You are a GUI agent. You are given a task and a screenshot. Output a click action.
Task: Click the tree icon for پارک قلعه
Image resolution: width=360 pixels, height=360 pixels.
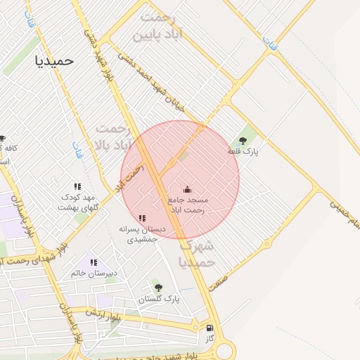click(243, 141)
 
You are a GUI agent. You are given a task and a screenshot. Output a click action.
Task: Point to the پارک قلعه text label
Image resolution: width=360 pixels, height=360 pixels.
click(243, 152)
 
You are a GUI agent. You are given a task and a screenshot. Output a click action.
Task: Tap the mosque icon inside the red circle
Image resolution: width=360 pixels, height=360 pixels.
click(187, 189)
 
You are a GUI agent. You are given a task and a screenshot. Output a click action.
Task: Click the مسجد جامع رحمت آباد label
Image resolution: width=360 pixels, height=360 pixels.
click(187, 205)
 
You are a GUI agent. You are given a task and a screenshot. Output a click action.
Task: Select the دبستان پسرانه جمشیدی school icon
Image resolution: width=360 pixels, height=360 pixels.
click(143, 219)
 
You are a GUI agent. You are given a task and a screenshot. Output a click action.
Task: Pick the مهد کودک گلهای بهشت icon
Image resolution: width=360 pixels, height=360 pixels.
click(78, 187)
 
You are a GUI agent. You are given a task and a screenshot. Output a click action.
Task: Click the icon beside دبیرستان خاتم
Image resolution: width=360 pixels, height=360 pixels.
click(94, 262)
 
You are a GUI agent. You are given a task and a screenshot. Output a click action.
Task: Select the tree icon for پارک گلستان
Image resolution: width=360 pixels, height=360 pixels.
click(157, 288)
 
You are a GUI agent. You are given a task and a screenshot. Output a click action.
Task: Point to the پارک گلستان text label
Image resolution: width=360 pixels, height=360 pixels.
click(159, 299)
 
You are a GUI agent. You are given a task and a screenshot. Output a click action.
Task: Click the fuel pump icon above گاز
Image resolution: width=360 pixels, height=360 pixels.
click(209, 328)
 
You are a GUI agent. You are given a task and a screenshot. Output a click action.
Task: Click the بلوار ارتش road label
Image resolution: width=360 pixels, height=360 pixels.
click(104, 314)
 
